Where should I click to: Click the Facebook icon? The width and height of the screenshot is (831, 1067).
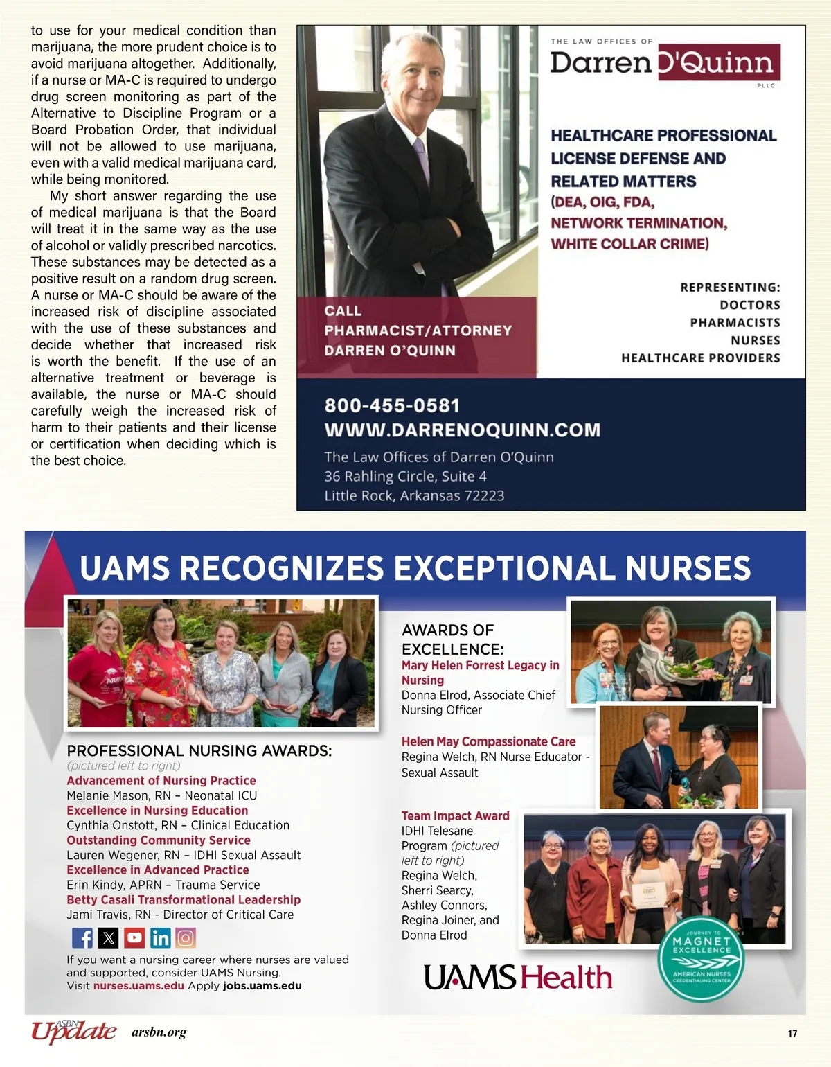(82, 938)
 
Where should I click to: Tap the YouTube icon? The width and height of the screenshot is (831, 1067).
(134, 938)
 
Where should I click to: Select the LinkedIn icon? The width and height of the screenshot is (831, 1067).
(160, 938)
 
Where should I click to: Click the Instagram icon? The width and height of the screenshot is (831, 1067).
(186, 938)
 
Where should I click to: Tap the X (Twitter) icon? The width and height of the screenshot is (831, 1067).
(109, 938)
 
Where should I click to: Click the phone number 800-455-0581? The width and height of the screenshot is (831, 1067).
(392, 405)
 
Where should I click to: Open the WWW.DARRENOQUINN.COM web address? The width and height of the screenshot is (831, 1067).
(462, 430)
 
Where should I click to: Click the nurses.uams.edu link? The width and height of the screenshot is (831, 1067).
(138, 986)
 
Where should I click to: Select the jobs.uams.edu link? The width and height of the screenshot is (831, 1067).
(262, 986)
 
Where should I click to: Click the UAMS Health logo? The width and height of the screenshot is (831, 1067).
(518, 978)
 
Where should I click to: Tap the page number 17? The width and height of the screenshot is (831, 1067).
(792, 1034)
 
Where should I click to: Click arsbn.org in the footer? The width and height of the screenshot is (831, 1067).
(159, 1033)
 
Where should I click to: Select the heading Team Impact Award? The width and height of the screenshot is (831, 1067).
(455, 816)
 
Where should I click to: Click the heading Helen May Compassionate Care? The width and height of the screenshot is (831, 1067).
(488, 741)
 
